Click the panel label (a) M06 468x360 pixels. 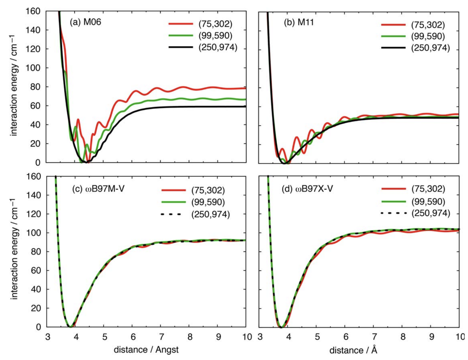tap(85, 22)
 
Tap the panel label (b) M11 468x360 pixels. tap(299, 22)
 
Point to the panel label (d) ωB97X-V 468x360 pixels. tap(307, 189)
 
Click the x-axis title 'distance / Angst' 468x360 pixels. tap(146, 350)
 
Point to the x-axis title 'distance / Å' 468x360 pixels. tap(353, 350)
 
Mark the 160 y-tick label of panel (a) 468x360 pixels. tap(33, 11)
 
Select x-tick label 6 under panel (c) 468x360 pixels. tap(133, 337)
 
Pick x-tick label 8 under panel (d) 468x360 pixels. tap(403, 337)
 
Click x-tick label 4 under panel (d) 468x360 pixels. tap(288, 337)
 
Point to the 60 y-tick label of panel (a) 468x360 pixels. tap(35, 106)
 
